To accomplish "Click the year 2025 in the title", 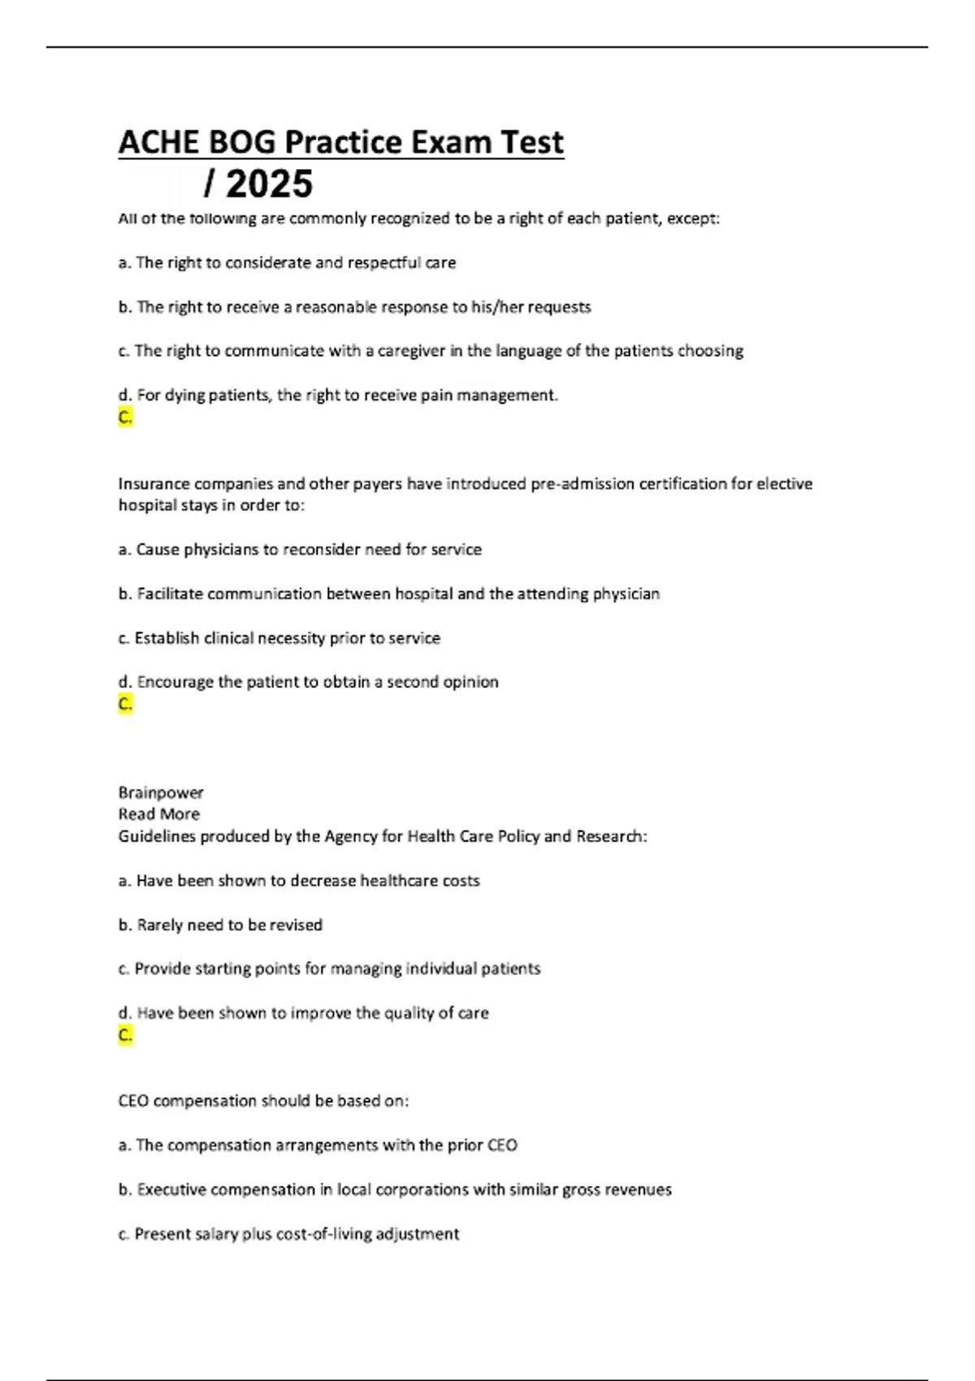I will coord(269,184).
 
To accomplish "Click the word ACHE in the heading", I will coord(159,143).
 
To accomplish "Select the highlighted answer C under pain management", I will coord(125,418).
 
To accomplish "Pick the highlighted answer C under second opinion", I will coord(125,704).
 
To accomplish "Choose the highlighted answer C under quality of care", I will coord(125,1035).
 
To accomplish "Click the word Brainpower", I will coord(161,793).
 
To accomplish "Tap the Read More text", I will coord(158,814).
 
